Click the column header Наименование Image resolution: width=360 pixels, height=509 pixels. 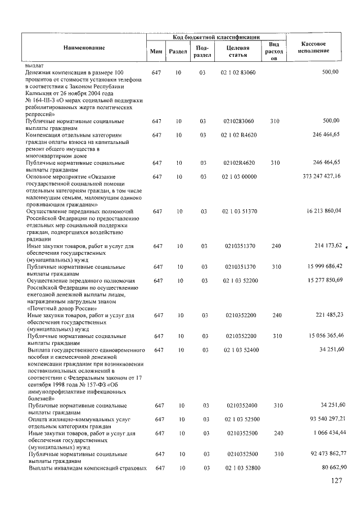click(x=84, y=48)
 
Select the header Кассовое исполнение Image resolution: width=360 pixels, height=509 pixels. click(x=314, y=48)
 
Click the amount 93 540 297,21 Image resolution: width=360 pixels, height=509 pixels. click(x=327, y=418)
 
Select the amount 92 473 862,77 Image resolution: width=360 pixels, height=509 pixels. click(x=327, y=453)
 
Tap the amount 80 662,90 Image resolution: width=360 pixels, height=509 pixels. click(x=331, y=467)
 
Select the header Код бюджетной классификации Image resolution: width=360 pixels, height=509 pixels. click(x=216, y=37)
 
